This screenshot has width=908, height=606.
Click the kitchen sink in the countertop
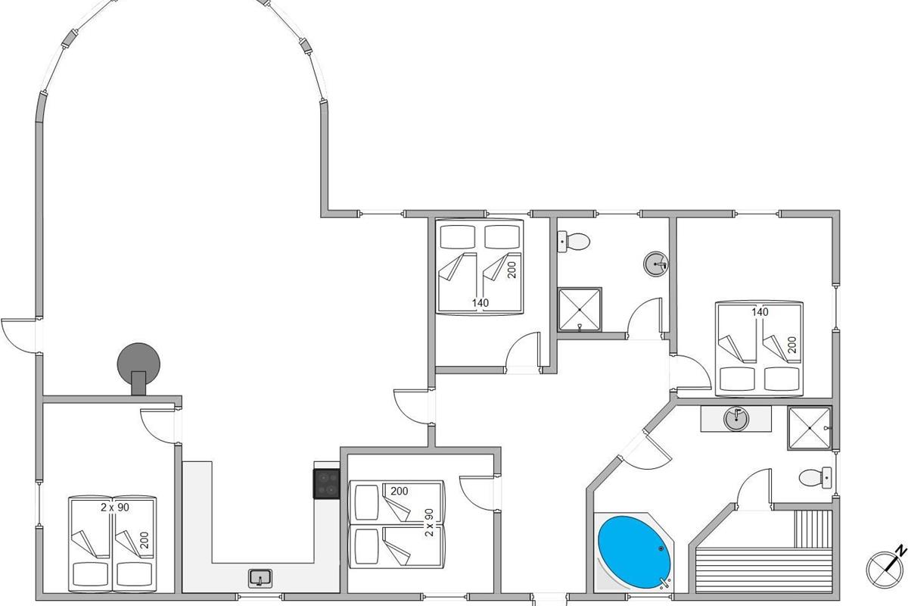pyautogui.click(x=260, y=578)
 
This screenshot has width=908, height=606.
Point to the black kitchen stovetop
pyautogui.click(x=327, y=483)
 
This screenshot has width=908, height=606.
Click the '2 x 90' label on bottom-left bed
pyautogui.click(x=114, y=508)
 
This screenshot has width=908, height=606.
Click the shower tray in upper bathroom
pyautogui.click(x=580, y=310)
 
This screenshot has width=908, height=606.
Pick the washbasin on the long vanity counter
pyautogui.click(x=735, y=418)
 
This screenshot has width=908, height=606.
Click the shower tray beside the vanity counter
pyautogui.click(x=809, y=430)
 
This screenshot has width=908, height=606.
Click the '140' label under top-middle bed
pyautogui.click(x=480, y=303)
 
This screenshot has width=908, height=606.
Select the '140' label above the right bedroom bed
pyautogui.click(x=759, y=312)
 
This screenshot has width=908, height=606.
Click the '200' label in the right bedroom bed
pyautogui.click(x=792, y=346)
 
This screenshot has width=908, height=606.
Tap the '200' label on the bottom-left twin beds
pyautogui.click(x=144, y=541)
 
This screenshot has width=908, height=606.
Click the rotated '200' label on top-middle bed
pyautogui.click(x=512, y=269)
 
